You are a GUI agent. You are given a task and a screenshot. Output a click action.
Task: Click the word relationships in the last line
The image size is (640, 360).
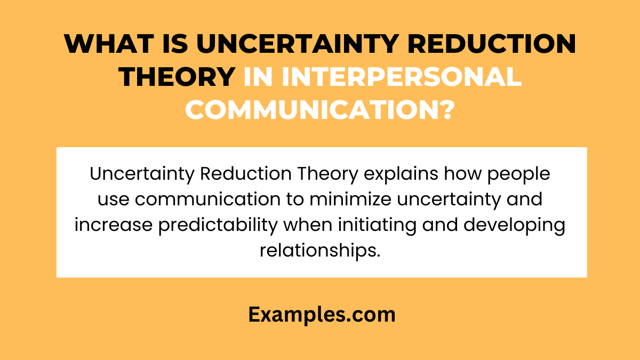321,249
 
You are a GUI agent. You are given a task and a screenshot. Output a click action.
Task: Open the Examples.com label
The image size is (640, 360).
322,315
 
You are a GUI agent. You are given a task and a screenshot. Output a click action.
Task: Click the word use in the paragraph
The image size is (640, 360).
113,199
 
